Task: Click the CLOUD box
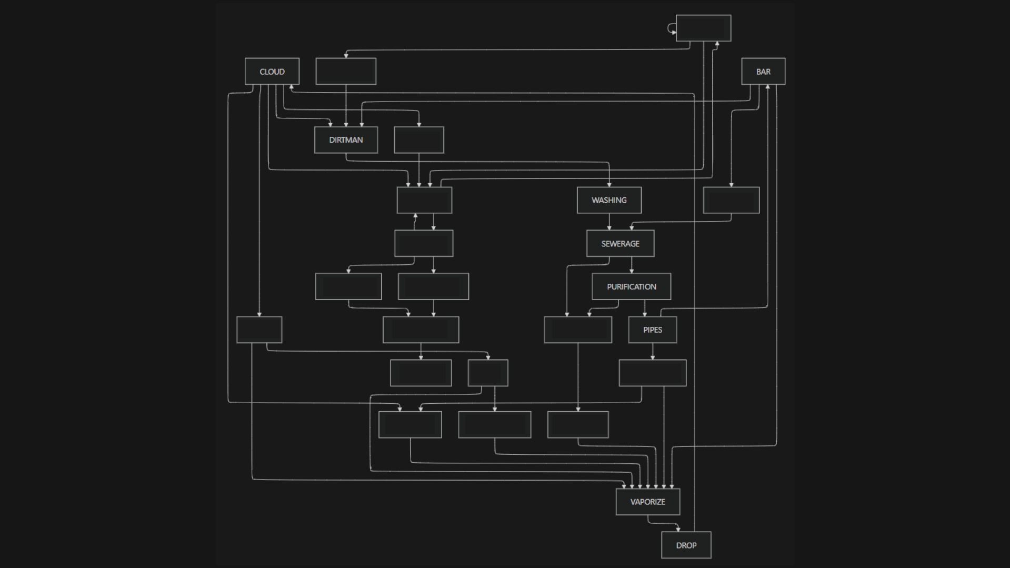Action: (x=272, y=72)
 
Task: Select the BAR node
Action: (x=763, y=72)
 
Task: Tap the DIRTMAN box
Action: (x=346, y=140)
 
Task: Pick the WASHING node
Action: (x=609, y=200)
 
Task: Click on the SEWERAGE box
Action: (x=620, y=244)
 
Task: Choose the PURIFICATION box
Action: (x=631, y=287)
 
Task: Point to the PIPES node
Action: (x=652, y=330)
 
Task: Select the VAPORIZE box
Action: (x=647, y=502)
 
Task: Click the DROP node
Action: (x=686, y=545)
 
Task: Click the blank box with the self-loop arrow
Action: (x=703, y=28)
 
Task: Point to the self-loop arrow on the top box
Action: (x=671, y=28)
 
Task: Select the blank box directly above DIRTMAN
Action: (x=346, y=72)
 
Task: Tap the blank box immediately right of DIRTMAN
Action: (x=418, y=140)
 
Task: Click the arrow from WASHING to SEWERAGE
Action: (x=609, y=222)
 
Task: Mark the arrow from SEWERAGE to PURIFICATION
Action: (x=632, y=265)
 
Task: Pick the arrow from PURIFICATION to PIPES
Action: (x=645, y=308)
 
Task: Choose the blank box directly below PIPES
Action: (x=652, y=373)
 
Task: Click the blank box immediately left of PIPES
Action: (x=577, y=330)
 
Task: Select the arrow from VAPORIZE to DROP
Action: (x=663, y=523)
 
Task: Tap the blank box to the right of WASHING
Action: (x=731, y=200)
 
